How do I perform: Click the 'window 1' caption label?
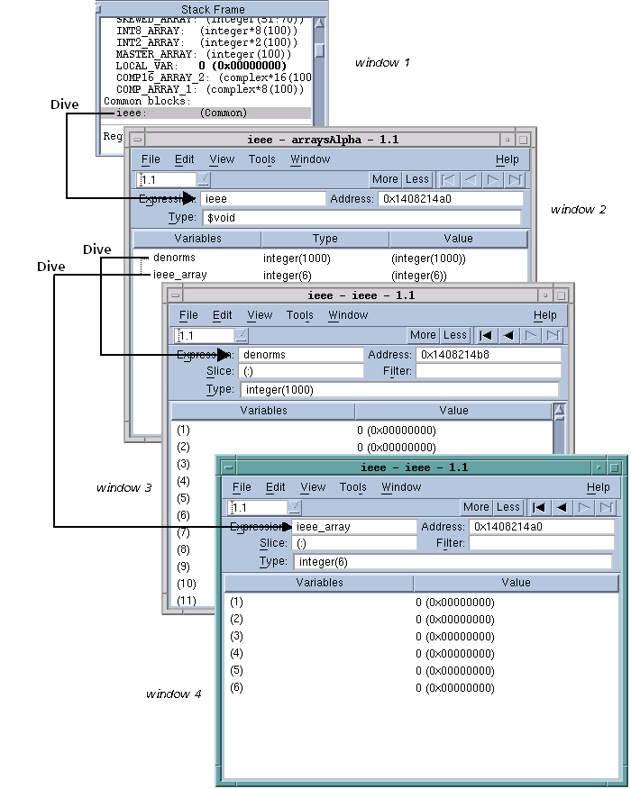pyautogui.click(x=382, y=63)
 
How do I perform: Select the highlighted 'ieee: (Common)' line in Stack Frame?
pyautogui.click(x=180, y=113)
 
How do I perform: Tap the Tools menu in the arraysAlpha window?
pyautogui.click(x=261, y=159)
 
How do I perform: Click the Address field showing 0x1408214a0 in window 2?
pyautogui.click(x=449, y=198)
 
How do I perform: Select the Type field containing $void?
pyautogui.click(x=361, y=218)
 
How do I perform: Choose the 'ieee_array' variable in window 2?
pyautogui.click(x=179, y=276)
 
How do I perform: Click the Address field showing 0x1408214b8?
pyautogui.click(x=488, y=355)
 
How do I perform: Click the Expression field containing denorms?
pyautogui.click(x=300, y=355)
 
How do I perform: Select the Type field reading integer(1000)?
pyautogui.click(x=398, y=389)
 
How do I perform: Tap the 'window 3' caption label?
pyautogui.click(x=123, y=487)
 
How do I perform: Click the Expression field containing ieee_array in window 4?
pyautogui.click(x=353, y=527)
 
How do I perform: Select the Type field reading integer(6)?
pyautogui.click(x=452, y=561)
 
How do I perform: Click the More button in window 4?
pyautogui.click(x=476, y=507)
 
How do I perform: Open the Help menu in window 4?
pyautogui.click(x=598, y=487)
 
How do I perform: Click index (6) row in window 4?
pyautogui.click(x=237, y=687)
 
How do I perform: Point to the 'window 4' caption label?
pyautogui.click(x=173, y=694)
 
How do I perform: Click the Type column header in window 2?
pyautogui.click(x=325, y=239)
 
